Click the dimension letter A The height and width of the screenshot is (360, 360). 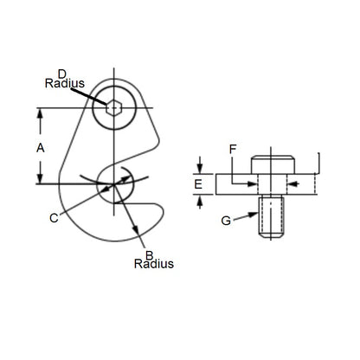coord(40,148)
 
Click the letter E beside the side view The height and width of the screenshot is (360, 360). coord(198,184)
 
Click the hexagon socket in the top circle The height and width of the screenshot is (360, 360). coord(113,106)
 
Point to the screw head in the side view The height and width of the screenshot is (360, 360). coord(273,164)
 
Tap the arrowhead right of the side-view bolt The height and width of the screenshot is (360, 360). coord(294,183)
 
